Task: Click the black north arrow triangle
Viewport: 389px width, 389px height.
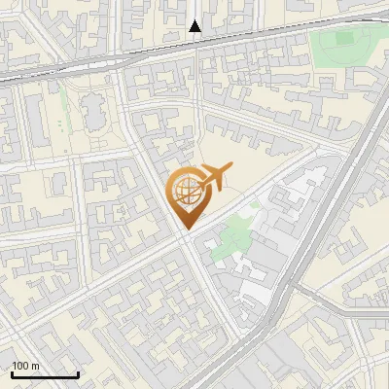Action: click(195, 26)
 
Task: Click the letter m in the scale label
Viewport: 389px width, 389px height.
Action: click(35, 366)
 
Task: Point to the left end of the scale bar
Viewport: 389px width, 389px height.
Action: click(12, 374)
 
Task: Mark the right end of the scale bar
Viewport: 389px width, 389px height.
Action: click(78, 374)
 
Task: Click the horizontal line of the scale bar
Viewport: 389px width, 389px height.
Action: click(45, 374)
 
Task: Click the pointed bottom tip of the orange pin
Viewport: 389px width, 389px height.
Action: click(186, 230)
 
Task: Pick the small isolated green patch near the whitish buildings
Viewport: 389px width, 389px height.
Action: click(255, 205)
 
